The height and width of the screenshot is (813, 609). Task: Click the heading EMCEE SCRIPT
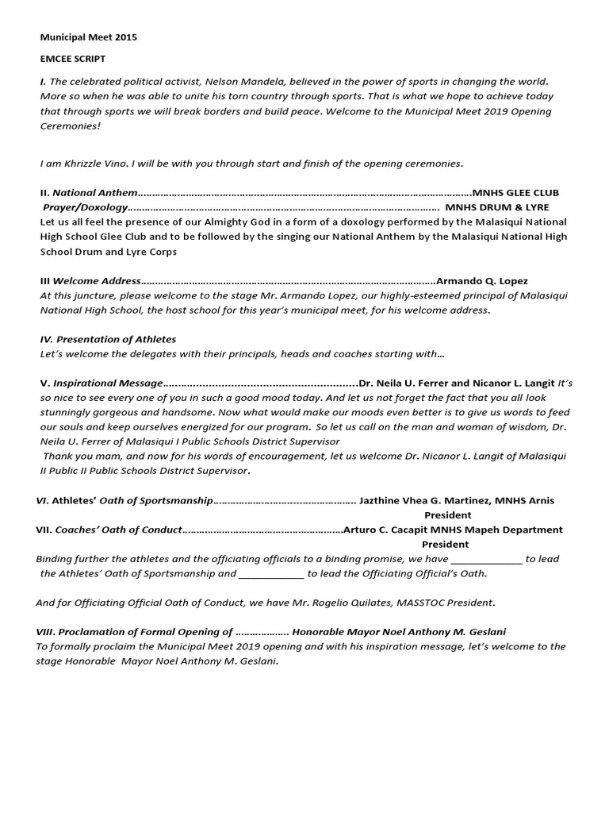pos(72,59)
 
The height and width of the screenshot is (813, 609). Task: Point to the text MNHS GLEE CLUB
pos(515,193)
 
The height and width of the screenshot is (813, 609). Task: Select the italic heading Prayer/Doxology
pos(85,207)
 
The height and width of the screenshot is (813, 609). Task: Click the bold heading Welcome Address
pos(97,281)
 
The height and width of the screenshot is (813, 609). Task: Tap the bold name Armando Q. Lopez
pos(482,281)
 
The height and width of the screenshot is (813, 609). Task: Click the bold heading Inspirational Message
pos(108,383)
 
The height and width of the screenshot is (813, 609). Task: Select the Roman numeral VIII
pos(45,632)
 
